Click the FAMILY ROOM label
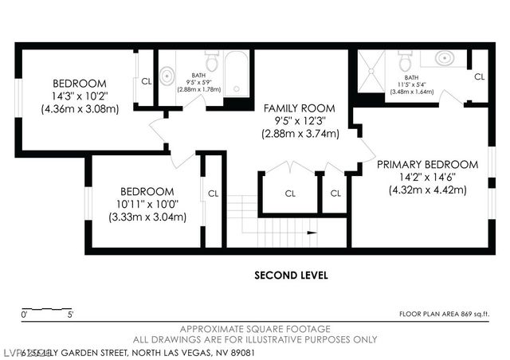300,108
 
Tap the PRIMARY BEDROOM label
427,165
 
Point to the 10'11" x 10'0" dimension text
147,204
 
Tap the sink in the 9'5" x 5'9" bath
167,76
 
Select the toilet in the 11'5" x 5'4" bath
405,62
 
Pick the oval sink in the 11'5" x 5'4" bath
445,58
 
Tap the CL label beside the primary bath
478,76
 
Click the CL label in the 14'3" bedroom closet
147,80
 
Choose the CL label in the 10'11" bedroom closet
213,193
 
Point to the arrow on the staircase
311,233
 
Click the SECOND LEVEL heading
291,276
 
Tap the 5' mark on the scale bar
71,315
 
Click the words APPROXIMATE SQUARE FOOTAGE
255,329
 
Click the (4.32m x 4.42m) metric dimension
427,190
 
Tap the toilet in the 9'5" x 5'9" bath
212,62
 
